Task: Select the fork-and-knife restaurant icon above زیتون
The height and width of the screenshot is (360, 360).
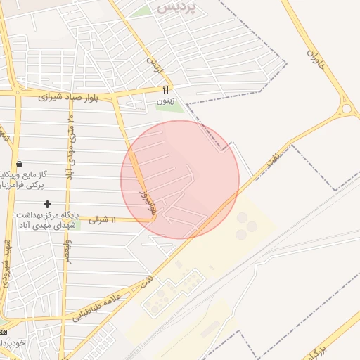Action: coord(166,89)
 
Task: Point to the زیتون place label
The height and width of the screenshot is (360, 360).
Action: coord(165,101)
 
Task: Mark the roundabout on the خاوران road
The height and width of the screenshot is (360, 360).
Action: coord(346,109)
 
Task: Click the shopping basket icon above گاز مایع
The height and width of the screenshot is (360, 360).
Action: coord(19,164)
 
